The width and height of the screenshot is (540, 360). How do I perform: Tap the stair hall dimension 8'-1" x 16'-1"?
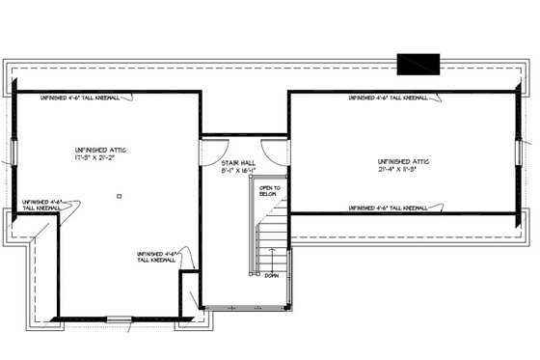(237, 173)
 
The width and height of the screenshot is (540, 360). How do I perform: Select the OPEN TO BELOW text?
(269, 191)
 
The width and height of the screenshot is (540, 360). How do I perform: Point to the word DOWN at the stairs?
(271, 275)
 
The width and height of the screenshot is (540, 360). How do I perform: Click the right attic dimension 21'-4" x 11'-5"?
(403, 170)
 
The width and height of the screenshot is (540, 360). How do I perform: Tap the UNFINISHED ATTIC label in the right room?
(403, 161)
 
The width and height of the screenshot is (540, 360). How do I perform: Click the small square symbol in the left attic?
(118, 196)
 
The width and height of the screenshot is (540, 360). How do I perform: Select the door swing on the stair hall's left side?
(212, 151)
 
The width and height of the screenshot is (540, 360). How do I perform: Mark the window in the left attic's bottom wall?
(119, 318)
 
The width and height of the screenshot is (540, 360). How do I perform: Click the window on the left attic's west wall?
(10, 152)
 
